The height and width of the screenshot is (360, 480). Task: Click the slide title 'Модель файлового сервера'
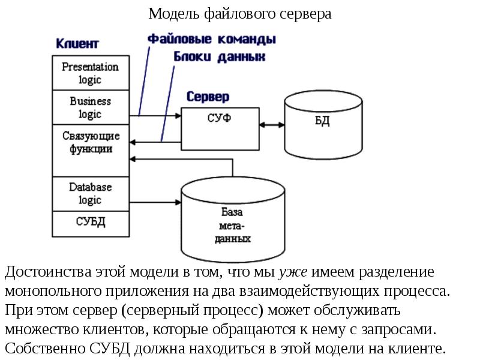pyautogui.click(x=239, y=13)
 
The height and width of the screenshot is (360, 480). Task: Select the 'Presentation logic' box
pyautogui.click(x=90, y=73)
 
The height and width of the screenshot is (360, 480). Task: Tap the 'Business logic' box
pyautogui.click(x=90, y=107)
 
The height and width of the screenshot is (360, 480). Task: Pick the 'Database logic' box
pyautogui.click(x=90, y=193)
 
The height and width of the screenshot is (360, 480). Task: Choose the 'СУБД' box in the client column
pyautogui.click(x=91, y=223)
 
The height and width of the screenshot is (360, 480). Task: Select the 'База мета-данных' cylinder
pyautogui.click(x=232, y=219)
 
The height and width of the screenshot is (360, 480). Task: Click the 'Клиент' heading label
pyautogui.click(x=77, y=44)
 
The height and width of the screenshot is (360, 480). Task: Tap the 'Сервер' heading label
pyautogui.click(x=208, y=97)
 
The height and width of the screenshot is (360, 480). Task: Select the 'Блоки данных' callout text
pyautogui.click(x=220, y=57)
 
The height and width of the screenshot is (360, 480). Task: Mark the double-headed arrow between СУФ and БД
pyautogui.click(x=272, y=124)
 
